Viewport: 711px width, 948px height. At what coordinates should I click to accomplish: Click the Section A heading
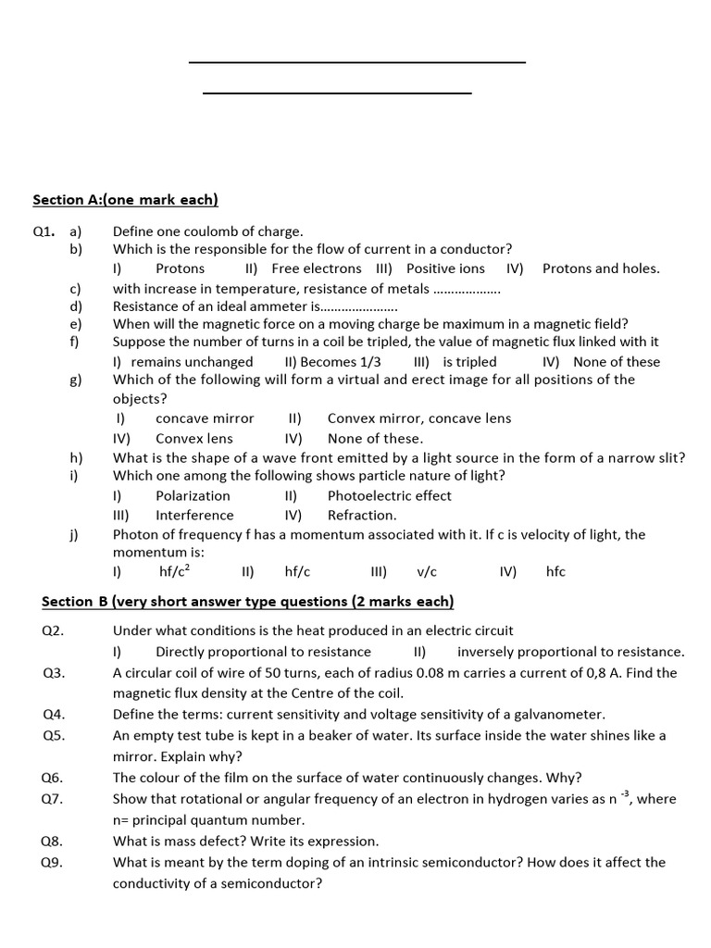coord(125,199)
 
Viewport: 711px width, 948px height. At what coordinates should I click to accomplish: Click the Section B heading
coord(248,602)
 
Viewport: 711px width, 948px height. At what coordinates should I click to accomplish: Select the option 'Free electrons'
coord(317,268)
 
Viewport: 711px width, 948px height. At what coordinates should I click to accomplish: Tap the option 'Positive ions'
coord(445,268)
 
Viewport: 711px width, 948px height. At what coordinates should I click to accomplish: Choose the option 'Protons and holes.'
coord(601,268)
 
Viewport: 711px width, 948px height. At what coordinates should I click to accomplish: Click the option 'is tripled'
coord(469,362)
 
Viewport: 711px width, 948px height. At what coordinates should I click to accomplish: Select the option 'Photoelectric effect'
coord(389,495)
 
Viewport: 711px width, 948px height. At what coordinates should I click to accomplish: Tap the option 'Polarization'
coord(193,495)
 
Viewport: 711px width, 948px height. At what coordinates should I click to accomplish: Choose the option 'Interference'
coord(194,515)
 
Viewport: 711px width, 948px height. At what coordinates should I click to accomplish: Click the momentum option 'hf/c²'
coord(175,571)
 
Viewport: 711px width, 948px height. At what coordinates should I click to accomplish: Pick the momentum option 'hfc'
coord(555,572)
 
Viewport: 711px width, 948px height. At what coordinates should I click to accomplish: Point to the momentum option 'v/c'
coord(427,572)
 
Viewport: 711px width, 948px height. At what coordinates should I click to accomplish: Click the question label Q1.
coord(44,231)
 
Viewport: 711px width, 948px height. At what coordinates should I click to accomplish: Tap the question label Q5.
coord(53,735)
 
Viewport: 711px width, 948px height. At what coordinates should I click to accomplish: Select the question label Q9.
coord(53,862)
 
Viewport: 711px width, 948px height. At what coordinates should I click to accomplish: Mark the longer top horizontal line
coord(356,62)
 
